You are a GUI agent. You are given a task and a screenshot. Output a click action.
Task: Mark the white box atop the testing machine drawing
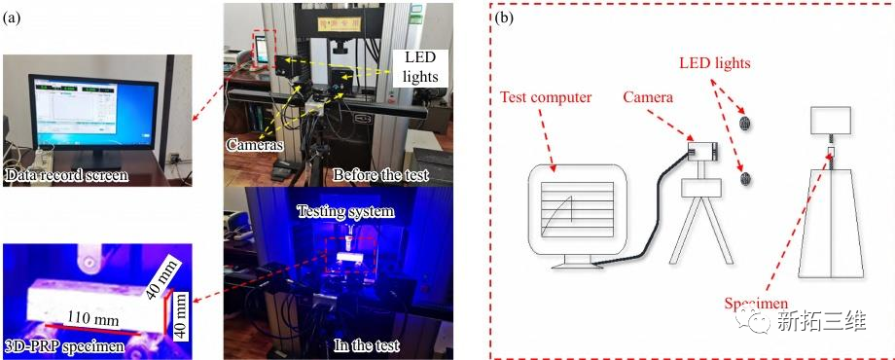coord(831,121)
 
